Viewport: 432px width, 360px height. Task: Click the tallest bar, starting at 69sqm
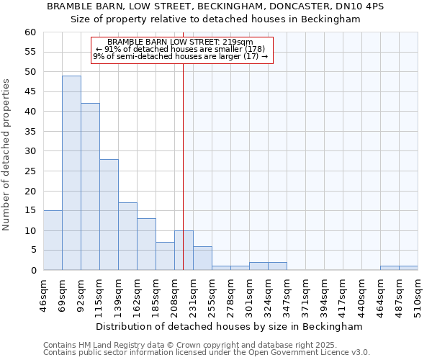(x=71, y=173)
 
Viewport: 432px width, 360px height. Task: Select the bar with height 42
(x=90, y=186)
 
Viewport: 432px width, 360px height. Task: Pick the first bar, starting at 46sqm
(x=53, y=240)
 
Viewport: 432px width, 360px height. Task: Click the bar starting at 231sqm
(x=202, y=258)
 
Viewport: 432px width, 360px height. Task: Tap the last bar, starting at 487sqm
(x=408, y=268)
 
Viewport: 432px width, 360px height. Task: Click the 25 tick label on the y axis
(x=30, y=171)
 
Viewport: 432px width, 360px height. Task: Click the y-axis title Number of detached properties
(x=7, y=155)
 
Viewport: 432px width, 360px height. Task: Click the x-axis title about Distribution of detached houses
(x=238, y=327)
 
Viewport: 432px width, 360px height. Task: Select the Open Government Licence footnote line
(x=207, y=353)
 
